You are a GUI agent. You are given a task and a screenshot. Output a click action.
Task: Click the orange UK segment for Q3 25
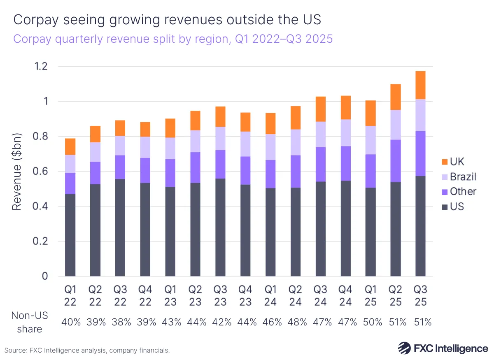pyautogui.click(x=420, y=85)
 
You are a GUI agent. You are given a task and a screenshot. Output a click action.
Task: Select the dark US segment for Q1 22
pyautogui.click(x=70, y=235)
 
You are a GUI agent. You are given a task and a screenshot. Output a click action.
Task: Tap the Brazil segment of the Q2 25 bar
pyautogui.click(x=395, y=125)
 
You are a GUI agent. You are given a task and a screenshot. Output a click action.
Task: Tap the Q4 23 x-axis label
pyautogui.click(x=245, y=296)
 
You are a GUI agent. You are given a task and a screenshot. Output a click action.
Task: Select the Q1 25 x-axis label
pyautogui.click(x=370, y=296)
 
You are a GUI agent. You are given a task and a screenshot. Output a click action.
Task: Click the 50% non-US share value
pyautogui.click(x=370, y=322)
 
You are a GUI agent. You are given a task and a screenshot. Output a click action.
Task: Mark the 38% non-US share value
pyautogui.click(x=120, y=322)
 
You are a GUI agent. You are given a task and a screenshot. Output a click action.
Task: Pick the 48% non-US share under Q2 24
pyautogui.click(x=296, y=322)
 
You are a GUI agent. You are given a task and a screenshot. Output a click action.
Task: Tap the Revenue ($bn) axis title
pyautogui.click(x=16, y=171)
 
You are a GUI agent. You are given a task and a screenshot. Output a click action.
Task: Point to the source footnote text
pyautogui.click(x=87, y=351)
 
